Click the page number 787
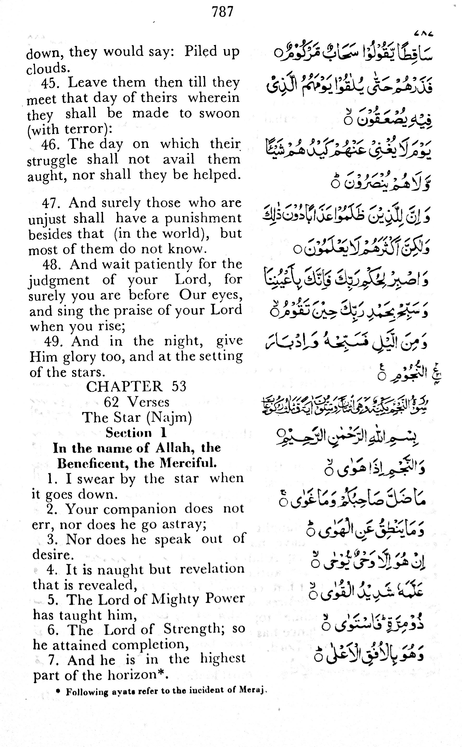point(223,12)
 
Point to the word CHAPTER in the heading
point(124,386)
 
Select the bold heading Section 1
point(136,433)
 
